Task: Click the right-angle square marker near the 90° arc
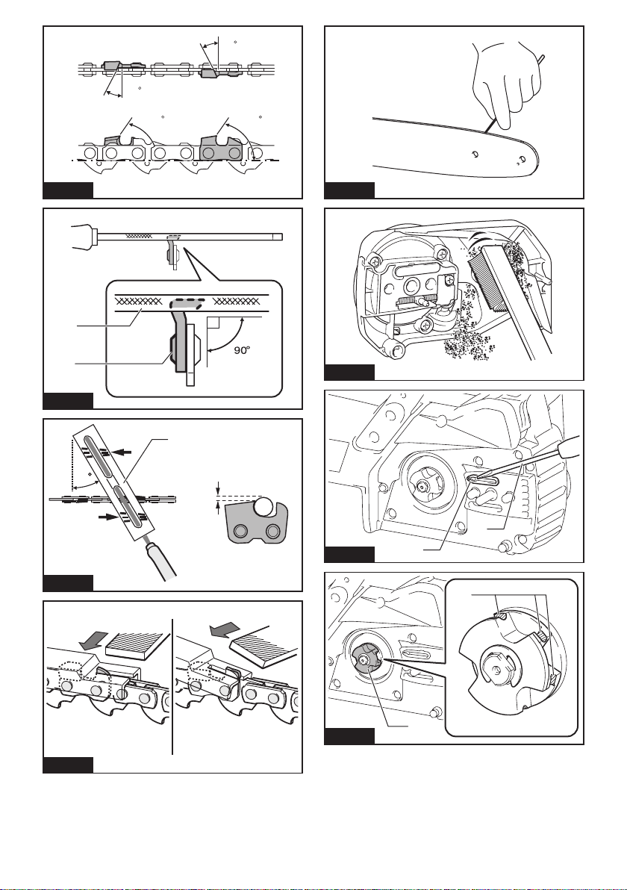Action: click(x=216, y=324)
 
